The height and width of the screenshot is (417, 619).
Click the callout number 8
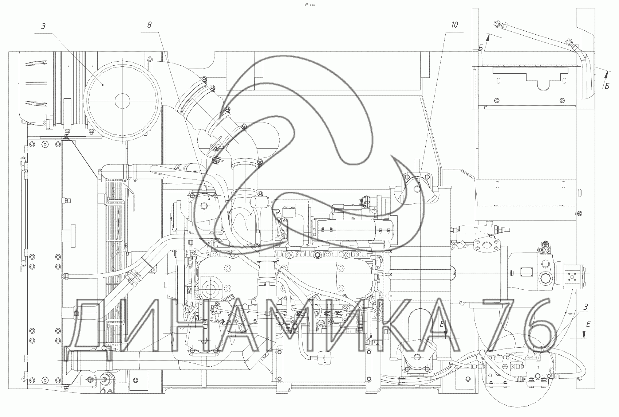coord(150,25)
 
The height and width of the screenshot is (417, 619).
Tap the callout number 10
coord(454,25)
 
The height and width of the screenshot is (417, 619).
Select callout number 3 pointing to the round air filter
coord(43,26)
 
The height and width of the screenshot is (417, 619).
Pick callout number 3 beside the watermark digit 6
coord(585,307)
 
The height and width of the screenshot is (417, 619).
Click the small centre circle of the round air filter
coord(122,101)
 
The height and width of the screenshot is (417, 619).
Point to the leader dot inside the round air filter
coord(103,85)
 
